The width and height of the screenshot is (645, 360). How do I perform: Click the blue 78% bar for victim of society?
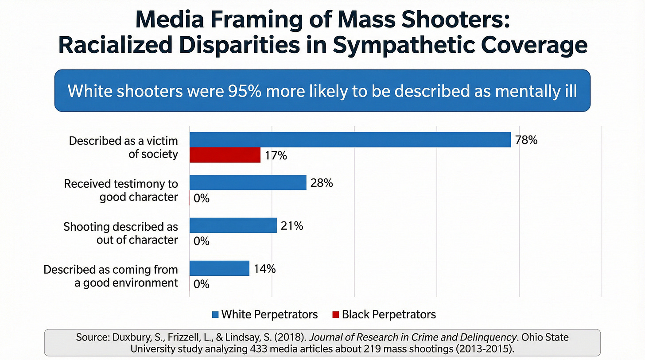(x=350, y=140)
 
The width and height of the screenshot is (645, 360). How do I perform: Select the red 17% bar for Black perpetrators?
(x=225, y=155)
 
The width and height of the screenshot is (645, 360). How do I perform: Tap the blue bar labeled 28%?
(x=248, y=182)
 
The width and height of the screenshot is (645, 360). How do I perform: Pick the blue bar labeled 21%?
(x=233, y=225)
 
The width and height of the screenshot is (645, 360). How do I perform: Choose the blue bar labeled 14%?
(x=219, y=268)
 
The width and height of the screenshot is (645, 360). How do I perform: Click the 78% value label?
(x=526, y=140)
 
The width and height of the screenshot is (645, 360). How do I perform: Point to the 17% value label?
(x=275, y=156)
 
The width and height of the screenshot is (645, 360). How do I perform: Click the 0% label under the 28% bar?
(x=202, y=198)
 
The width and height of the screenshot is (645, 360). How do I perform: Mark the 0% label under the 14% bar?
(x=202, y=284)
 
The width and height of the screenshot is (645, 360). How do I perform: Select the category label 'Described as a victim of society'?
(x=123, y=147)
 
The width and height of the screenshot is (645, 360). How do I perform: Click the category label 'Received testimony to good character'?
(x=121, y=190)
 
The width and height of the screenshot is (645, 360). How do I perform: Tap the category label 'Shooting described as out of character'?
(x=120, y=233)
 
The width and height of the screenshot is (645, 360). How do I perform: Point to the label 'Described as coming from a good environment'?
(x=111, y=276)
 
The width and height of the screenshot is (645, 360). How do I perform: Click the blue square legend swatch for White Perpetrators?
(x=215, y=315)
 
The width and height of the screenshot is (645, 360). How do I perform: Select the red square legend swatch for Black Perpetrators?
(x=335, y=315)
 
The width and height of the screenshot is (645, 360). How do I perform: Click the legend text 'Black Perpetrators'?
(x=389, y=314)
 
